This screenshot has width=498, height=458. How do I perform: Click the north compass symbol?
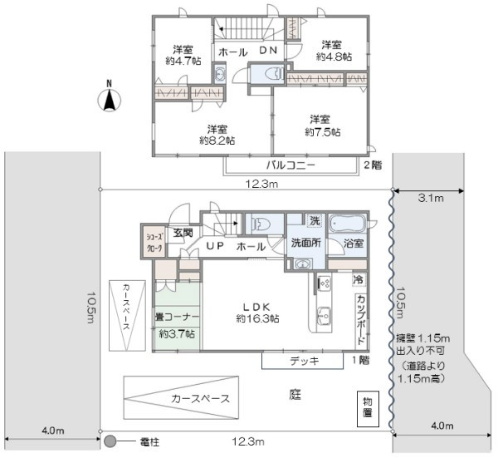[x=109, y=100]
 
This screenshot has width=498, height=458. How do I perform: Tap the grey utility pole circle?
[x=110, y=441]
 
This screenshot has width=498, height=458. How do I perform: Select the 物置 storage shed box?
[x=368, y=409]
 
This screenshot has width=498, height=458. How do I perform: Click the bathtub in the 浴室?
[x=348, y=224]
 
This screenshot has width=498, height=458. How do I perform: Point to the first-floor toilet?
[x=261, y=223]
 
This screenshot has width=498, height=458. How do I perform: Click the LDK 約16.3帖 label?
[x=257, y=313]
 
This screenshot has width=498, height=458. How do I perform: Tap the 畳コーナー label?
[x=177, y=317]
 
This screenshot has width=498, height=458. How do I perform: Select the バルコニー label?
[x=290, y=165]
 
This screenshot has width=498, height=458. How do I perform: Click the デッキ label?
[x=305, y=361]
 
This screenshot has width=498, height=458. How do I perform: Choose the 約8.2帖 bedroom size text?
[x=217, y=140]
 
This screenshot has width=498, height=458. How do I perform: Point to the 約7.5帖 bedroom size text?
[x=323, y=131]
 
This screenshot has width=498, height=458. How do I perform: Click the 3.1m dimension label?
[x=431, y=198]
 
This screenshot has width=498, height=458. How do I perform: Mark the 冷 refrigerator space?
[x=359, y=279]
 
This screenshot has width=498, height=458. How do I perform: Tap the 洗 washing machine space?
[x=315, y=220]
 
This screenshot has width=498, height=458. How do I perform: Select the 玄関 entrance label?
[x=183, y=233]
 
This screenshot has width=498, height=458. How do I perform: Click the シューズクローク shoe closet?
[x=154, y=243]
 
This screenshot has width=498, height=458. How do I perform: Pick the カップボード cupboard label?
[x=361, y=320]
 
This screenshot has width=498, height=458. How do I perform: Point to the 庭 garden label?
[x=295, y=395]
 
